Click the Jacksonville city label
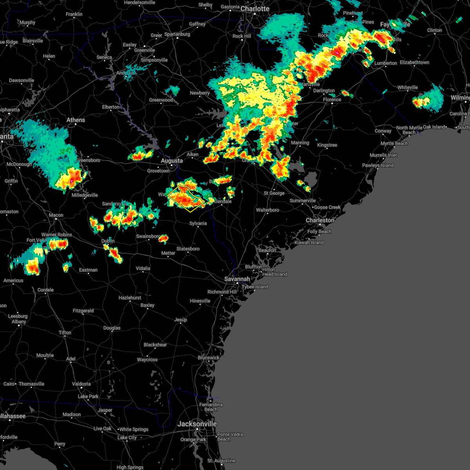coord(197,424)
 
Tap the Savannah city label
coord(237,279)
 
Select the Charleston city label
coord(320,220)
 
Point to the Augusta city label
coord(172,161)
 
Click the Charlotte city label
coord(255,9)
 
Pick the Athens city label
coord(76,120)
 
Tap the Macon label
coord(56,215)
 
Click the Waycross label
coord(147,360)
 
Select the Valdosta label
coord(81,384)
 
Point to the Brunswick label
coord(208,358)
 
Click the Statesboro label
coord(188,249)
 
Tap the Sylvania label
coord(198,223)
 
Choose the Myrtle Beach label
coord(394,143)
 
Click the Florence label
coord(332,99)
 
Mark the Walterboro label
coord(268,210)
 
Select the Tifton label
coord(65,333)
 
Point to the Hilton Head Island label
coord(275,272)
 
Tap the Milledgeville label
coord(85,195)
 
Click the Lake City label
coord(127,437)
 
